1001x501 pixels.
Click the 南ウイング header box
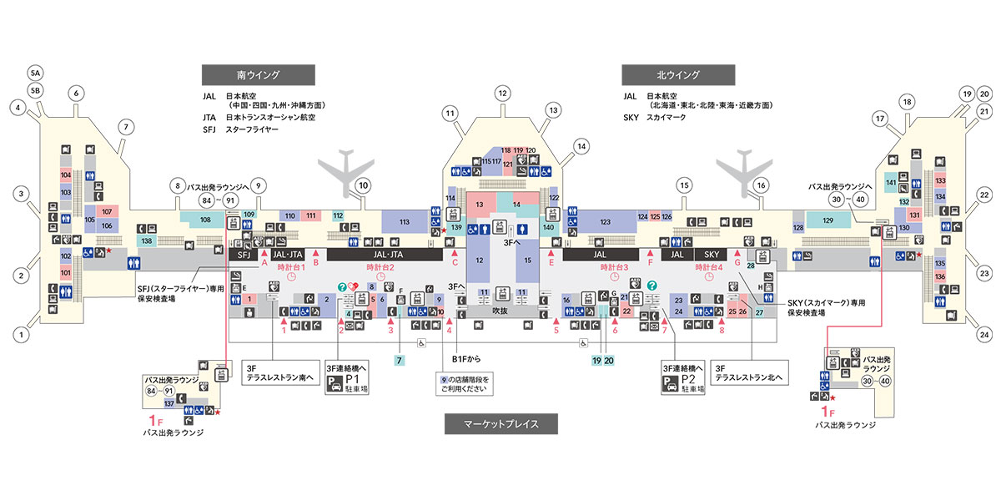point(258,74)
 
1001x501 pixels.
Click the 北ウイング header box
point(677,74)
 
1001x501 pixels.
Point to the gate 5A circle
point(35,71)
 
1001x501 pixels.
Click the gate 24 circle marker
point(984,336)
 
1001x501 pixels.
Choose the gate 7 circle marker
point(127,128)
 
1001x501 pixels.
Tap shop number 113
point(405,221)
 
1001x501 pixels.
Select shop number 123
point(606,221)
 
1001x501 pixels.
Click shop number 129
point(828,220)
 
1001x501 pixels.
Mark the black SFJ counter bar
point(244,254)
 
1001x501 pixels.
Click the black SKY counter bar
point(712,254)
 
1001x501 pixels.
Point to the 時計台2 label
point(380,267)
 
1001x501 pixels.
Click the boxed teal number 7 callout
point(400,360)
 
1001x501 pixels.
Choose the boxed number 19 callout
point(596,360)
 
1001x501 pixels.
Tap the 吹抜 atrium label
point(500,311)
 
